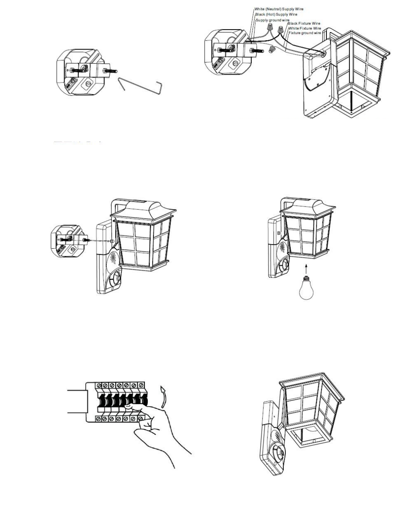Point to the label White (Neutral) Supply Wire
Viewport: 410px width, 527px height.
click(x=278, y=9)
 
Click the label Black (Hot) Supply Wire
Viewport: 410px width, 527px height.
click(x=276, y=14)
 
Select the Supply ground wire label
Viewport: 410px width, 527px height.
click(x=272, y=20)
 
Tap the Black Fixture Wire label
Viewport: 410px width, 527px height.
click(x=304, y=24)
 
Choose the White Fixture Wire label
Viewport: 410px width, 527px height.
click(x=304, y=28)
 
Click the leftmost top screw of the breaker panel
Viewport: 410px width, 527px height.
click(x=97, y=384)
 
